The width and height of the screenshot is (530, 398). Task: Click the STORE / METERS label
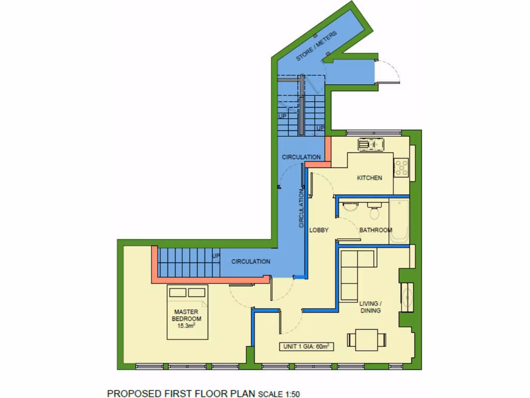316,47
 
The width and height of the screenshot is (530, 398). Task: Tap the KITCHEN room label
370,178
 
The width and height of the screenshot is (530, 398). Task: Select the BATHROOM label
376,230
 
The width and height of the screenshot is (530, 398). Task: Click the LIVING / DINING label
370,307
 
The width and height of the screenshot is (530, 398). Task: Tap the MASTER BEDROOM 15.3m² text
186,319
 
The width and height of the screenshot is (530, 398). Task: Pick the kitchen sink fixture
371,145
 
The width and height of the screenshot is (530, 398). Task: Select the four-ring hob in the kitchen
402,167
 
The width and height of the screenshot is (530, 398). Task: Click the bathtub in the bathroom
400,221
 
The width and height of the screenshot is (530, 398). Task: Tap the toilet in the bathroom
374,211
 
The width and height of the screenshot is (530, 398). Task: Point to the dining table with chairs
367,340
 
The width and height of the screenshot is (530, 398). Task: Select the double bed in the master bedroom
187,311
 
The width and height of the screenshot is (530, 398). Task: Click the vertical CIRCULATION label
301,208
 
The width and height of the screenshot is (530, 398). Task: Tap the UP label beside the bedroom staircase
216,256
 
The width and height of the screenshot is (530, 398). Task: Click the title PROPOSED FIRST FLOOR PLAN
181,392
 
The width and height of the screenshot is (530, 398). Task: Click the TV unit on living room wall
407,297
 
